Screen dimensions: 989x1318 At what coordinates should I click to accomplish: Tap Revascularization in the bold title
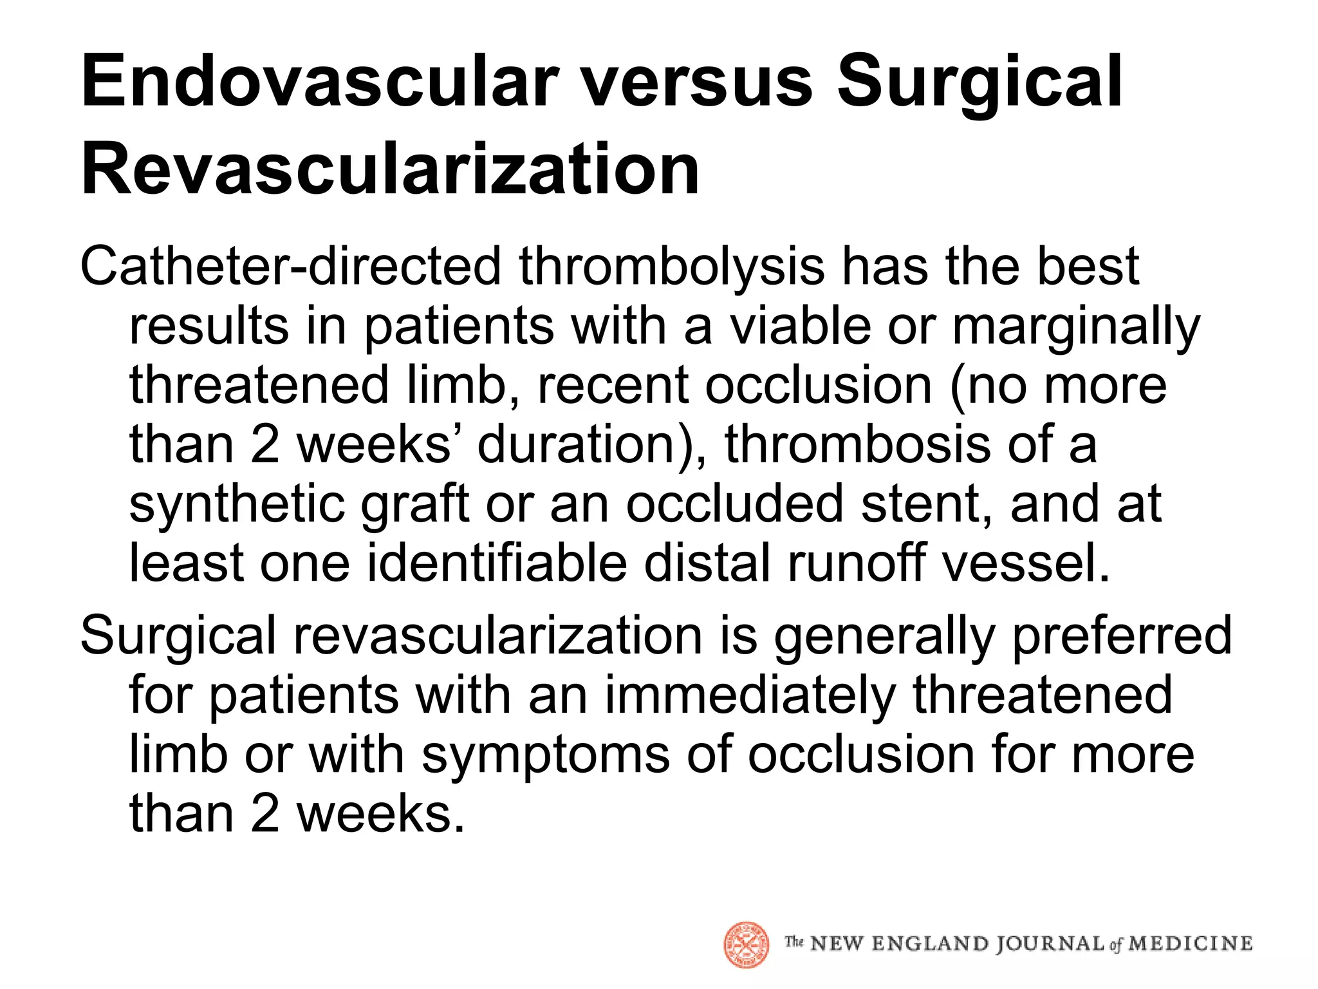point(390,169)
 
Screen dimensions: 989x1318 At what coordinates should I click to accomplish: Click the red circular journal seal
point(747,945)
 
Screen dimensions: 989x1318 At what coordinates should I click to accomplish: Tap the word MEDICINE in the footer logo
point(1191,944)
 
